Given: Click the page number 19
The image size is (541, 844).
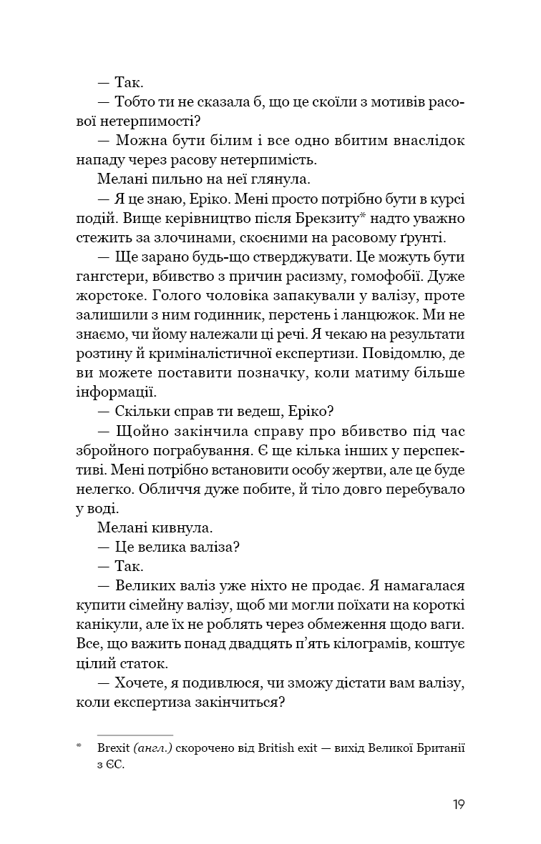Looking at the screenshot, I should [459, 805].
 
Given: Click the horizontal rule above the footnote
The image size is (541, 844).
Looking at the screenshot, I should [135, 735].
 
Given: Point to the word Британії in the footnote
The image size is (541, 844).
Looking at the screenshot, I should [437, 748].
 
